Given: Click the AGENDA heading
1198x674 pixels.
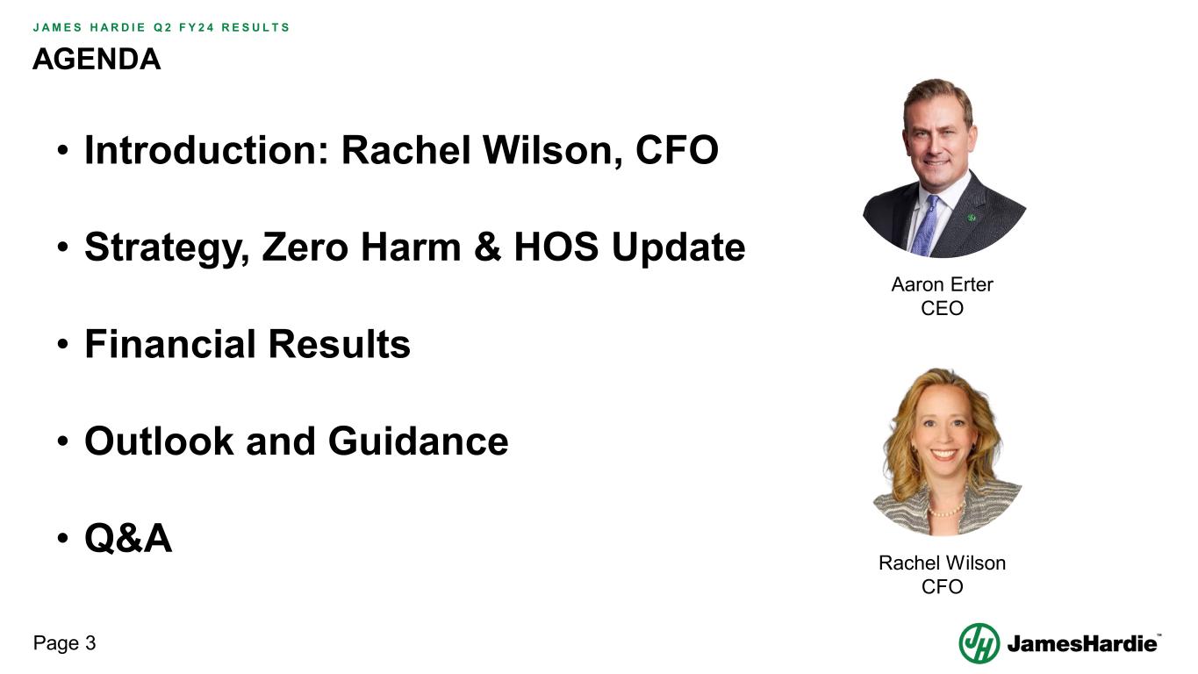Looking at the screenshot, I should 97,59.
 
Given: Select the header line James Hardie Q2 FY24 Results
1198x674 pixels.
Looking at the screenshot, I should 161,26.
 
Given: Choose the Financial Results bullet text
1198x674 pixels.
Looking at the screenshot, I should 247,343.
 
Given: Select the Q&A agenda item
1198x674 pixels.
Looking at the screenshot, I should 128,537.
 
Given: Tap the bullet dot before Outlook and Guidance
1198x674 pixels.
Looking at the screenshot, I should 63,441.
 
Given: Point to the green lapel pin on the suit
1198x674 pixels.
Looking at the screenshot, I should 972,217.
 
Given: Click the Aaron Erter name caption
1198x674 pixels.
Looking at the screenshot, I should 942,284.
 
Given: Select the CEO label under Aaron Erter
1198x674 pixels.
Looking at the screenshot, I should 942,308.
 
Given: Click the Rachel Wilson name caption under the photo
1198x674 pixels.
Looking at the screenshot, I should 942,563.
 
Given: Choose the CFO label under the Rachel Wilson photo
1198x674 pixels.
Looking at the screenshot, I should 942,586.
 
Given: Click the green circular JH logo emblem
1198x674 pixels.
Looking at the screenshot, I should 979,643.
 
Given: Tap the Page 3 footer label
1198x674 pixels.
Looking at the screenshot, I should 64,643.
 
